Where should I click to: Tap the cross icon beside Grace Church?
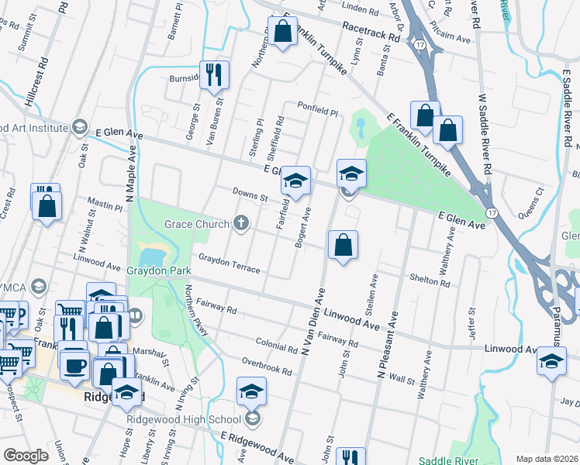(x=241, y=224)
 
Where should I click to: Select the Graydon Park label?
(x=160, y=272)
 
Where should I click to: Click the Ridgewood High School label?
(x=185, y=420)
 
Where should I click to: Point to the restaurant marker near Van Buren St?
(x=215, y=74)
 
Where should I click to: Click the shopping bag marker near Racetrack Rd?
(x=282, y=32)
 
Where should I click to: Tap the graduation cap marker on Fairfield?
(x=295, y=181)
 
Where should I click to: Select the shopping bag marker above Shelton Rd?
(x=343, y=246)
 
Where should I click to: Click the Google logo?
(x=26, y=456)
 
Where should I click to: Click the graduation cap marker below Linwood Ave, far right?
(x=551, y=363)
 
